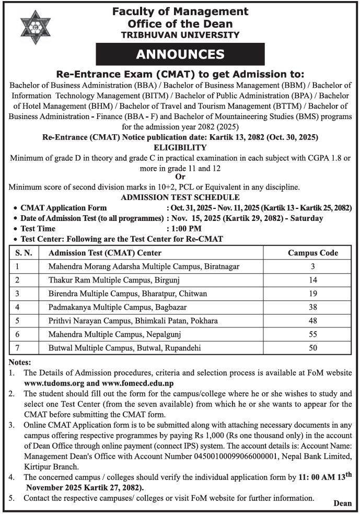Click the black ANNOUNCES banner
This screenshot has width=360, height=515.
180,54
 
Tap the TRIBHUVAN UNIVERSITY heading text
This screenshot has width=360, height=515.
180,35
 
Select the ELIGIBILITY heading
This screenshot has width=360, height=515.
180,148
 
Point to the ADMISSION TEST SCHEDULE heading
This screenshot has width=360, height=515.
180,197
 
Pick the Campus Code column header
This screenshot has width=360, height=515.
312,253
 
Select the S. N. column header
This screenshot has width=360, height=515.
24,253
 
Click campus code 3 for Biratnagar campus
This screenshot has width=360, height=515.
312,266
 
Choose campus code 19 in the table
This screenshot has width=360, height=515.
312,294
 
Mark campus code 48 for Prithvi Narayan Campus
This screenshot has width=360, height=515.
312,321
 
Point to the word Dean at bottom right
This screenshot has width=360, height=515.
342,504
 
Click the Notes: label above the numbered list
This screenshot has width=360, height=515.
20,362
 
